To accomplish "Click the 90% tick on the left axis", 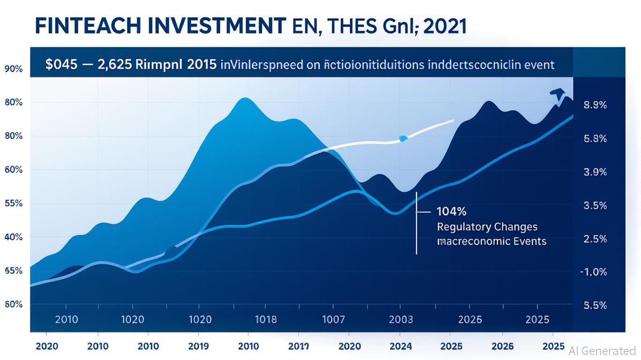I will point(14,69).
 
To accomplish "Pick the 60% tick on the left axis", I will point(14,170).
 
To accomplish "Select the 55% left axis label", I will point(14,203).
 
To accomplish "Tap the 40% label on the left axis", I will point(14,237).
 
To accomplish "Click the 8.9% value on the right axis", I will point(595,105).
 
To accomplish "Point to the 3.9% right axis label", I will point(595,172).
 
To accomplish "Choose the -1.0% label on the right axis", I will point(593,272).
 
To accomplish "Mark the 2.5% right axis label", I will point(595,239).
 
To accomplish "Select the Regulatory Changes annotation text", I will point(487,227).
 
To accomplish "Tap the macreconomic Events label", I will point(492,241).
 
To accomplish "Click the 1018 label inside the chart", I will point(265,320).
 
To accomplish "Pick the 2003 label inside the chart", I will point(401,320).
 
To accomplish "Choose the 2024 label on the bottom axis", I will point(401,346).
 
